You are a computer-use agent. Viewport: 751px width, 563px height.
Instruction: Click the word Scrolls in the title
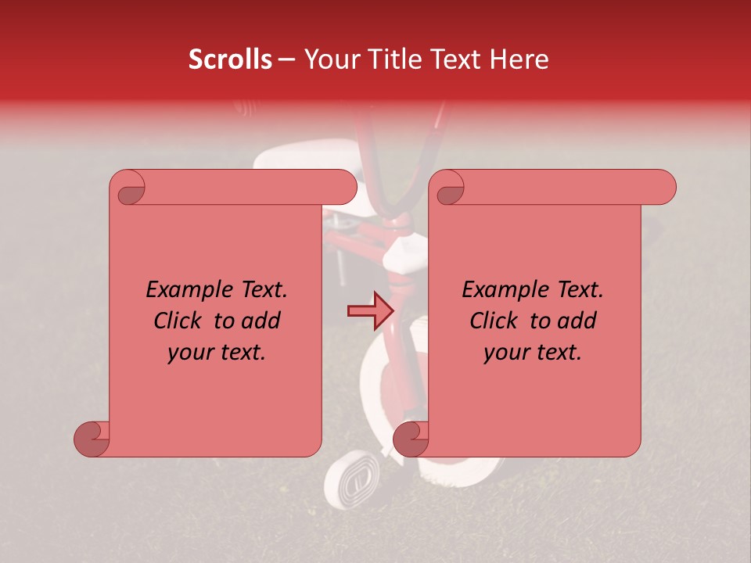230,59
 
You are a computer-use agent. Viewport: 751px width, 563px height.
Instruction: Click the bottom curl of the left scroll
92,439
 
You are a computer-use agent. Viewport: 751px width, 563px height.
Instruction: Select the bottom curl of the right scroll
411,439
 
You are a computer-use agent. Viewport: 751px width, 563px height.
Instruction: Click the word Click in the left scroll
179,321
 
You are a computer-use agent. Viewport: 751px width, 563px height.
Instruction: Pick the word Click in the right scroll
495,321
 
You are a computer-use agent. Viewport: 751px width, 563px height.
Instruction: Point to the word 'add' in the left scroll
261,321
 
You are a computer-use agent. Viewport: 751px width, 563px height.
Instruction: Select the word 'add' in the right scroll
577,321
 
